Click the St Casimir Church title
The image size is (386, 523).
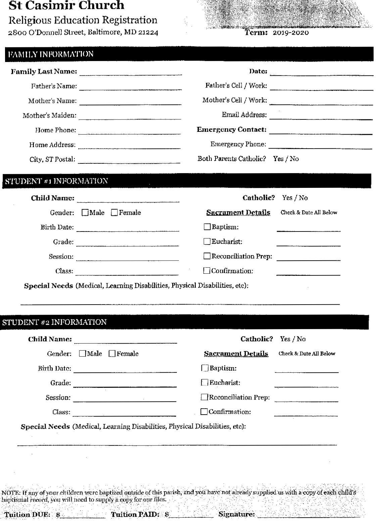(66, 5)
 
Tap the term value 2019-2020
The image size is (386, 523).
(290, 33)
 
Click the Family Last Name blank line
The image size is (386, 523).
(131, 72)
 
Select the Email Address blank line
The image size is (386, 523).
(321, 116)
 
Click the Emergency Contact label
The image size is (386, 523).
(232, 129)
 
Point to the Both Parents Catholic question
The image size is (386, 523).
(232, 159)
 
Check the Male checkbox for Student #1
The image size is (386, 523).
(85, 213)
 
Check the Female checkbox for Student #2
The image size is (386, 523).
(112, 354)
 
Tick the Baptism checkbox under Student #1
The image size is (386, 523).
(207, 227)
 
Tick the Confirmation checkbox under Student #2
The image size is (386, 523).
(204, 412)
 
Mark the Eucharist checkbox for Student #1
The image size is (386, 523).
(207, 242)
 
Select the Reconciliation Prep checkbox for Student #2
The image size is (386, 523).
(204, 397)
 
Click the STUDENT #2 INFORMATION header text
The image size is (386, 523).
(54, 322)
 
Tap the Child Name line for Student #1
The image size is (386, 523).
(128, 199)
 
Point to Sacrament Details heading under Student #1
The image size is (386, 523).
(238, 213)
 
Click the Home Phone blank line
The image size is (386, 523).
(129, 131)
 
